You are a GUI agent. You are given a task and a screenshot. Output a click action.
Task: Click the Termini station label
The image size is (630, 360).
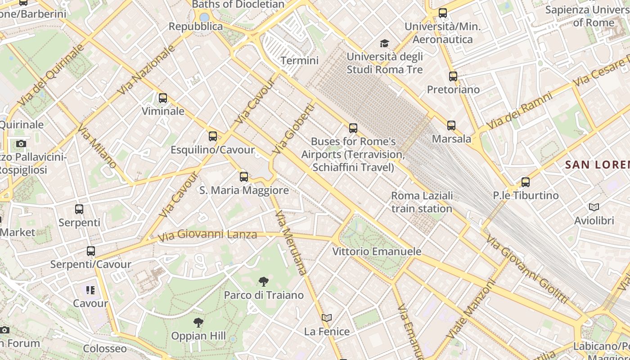pyautogui.click(x=299, y=60)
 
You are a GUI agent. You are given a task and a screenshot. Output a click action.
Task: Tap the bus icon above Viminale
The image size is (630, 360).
pyautogui.click(x=163, y=98)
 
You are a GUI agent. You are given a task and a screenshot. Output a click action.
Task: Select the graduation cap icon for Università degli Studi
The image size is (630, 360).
pyautogui.click(x=384, y=43)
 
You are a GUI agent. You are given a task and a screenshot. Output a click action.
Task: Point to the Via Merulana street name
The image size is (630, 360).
pyautogui.click(x=290, y=243)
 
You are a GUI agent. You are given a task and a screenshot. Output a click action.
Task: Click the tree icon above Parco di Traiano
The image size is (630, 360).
pyautogui.click(x=264, y=282)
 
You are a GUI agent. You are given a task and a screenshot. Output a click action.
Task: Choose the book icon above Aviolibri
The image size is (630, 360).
pyautogui.click(x=594, y=207)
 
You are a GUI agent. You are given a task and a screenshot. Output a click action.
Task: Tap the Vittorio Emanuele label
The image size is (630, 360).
pyautogui.click(x=377, y=252)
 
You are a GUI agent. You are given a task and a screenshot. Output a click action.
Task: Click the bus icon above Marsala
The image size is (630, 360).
pyautogui.click(x=451, y=126)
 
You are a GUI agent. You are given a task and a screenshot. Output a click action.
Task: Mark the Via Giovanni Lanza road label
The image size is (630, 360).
pyautogui.click(x=207, y=235)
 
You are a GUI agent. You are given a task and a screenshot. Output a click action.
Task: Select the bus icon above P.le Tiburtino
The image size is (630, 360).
pyautogui.click(x=525, y=182)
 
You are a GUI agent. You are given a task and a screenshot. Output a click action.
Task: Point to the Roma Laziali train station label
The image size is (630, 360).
pyautogui.click(x=422, y=202)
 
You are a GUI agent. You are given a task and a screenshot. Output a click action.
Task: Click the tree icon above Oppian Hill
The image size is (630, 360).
pyautogui.click(x=198, y=322)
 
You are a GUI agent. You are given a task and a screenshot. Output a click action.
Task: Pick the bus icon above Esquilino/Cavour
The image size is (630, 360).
pyautogui.click(x=213, y=136)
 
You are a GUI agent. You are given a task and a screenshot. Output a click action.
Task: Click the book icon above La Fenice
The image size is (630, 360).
pyautogui.click(x=327, y=318)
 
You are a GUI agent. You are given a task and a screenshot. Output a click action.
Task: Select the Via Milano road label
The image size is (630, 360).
pyautogui.click(x=97, y=146)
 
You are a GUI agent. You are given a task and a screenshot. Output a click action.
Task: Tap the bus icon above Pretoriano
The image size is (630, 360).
pyautogui.click(x=453, y=76)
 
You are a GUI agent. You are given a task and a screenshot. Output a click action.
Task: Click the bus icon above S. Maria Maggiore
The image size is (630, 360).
pyautogui.click(x=244, y=176)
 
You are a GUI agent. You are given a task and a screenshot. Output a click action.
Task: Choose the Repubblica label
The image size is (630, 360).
pyautogui.click(x=196, y=27)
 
